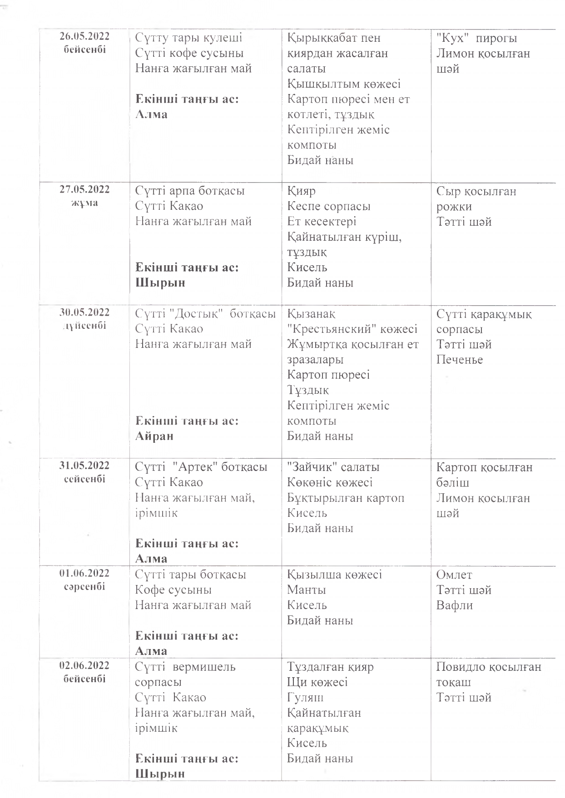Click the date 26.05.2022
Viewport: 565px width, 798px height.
pyautogui.click(x=84, y=37)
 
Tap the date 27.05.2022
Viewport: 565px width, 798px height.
pyautogui.click(x=84, y=189)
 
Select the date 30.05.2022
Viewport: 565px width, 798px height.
pyautogui.click(x=84, y=312)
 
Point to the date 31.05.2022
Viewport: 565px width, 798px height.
pyautogui.click(x=84, y=466)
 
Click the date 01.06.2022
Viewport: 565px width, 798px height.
pyautogui.click(x=84, y=573)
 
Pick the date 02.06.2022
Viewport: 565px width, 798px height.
pyautogui.click(x=84, y=665)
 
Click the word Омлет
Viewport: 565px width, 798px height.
pyautogui.click(x=454, y=575)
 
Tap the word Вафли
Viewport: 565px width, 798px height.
pyautogui.click(x=455, y=605)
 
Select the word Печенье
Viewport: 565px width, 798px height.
pyautogui.click(x=459, y=360)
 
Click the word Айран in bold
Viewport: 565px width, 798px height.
pyautogui.click(x=154, y=436)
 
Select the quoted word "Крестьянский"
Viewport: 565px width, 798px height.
pyautogui.click(x=333, y=329)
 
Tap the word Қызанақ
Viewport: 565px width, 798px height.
pyautogui.click(x=311, y=314)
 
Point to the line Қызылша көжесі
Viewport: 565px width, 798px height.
pyautogui.click(x=334, y=575)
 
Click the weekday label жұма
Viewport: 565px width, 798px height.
pyautogui.click(x=84, y=203)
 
